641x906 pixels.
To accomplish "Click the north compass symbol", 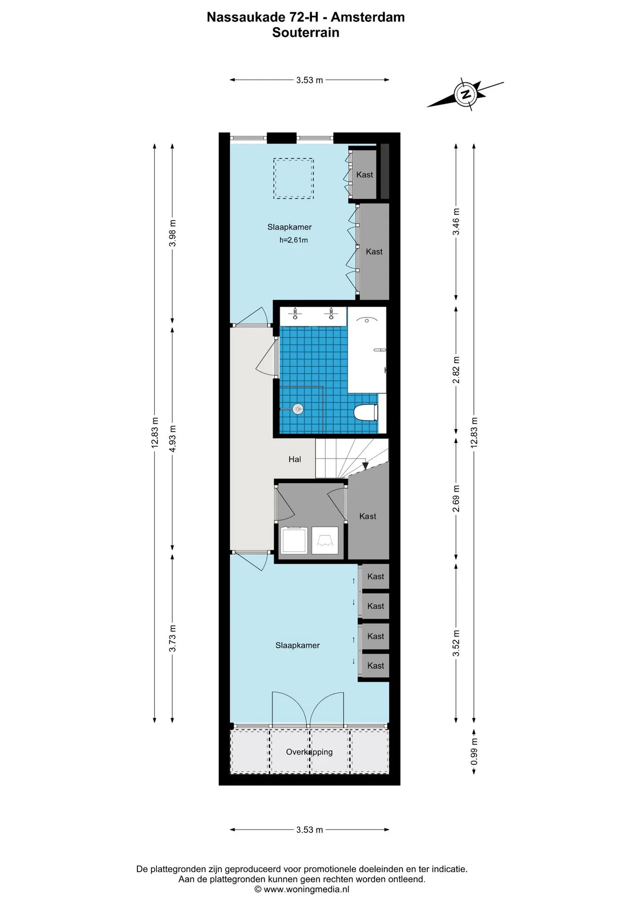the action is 466,93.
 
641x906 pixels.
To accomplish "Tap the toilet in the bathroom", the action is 366,412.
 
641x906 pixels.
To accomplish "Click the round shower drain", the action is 297,409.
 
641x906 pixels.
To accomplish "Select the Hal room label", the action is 295,459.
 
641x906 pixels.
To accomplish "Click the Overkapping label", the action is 309,752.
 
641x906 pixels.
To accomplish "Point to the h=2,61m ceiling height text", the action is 294,240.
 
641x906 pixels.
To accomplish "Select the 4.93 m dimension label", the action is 173,439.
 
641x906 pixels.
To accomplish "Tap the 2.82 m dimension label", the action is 456,370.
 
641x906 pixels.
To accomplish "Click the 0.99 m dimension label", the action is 474,752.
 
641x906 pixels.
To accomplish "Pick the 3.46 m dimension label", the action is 456,222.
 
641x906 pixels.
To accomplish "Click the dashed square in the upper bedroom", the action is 294,178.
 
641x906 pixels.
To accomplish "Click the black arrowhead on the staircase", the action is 365,466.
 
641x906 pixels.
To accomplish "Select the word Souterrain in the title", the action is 306,33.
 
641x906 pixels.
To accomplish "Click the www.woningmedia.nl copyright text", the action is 302,889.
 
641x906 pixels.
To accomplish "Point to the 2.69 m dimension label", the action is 456,498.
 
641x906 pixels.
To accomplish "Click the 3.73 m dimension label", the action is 173,638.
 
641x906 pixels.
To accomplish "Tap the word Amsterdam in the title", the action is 368,17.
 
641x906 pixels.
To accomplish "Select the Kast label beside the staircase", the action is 368,516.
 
